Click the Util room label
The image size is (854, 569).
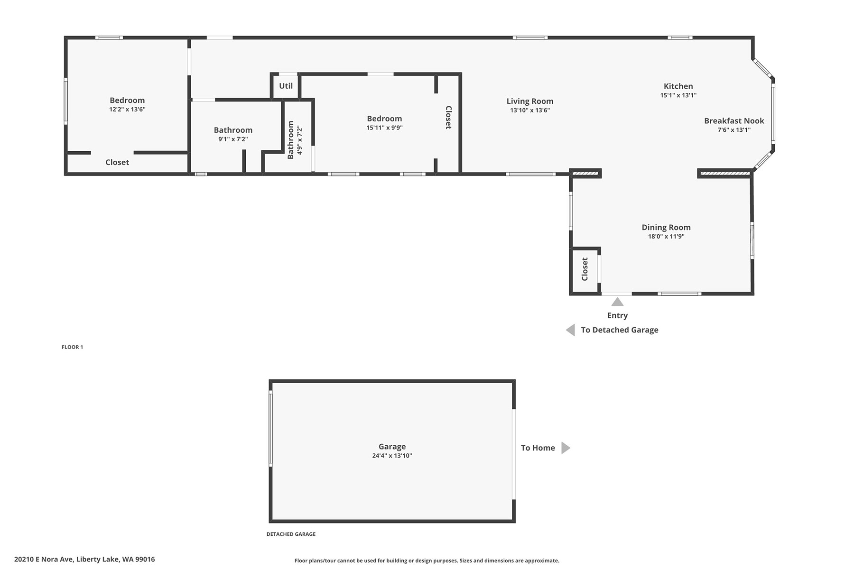(286, 86)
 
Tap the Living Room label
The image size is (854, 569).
(530, 101)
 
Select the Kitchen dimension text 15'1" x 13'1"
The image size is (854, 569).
(678, 95)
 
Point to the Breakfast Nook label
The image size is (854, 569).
(734, 121)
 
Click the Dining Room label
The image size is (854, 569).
(666, 228)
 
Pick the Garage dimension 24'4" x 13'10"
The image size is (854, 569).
(392, 456)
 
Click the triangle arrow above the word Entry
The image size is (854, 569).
(617, 302)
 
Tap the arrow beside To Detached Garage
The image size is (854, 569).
(570, 330)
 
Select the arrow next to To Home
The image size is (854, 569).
(566, 448)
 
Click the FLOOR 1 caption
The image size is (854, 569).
(72, 347)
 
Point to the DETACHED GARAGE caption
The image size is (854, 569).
(291, 534)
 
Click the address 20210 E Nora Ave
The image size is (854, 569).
(44, 560)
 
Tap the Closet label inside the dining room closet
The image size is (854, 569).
(585, 269)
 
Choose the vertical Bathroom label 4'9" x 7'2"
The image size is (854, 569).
(294, 140)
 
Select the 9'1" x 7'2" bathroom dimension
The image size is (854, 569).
(233, 139)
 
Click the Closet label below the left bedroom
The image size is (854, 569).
(117, 162)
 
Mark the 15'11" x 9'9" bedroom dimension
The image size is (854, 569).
(384, 128)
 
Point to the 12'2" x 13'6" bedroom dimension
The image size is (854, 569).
(127, 110)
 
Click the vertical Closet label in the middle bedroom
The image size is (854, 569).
(448, 118)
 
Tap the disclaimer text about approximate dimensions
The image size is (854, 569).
(427, 560)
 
